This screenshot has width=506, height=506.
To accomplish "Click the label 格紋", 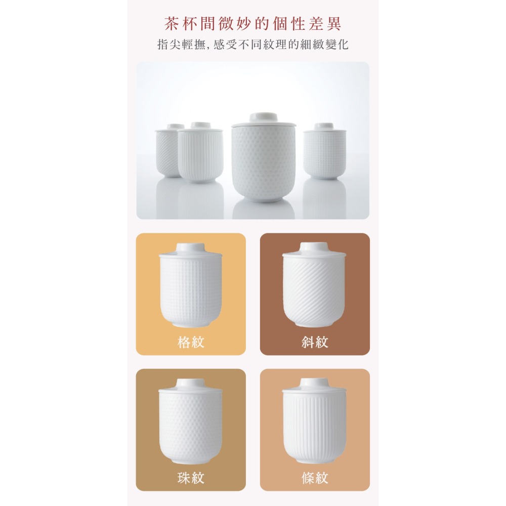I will [191, 343].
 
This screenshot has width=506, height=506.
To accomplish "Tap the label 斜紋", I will [315, 343].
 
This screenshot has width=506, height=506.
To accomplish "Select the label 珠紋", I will [191, 478].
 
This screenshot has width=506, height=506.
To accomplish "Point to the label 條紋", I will [315, 478].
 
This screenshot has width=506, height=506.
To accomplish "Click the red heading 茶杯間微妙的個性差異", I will [253, 23].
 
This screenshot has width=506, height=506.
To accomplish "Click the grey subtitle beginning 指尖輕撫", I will [253, 45].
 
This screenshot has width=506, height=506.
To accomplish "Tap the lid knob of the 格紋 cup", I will [191, 247].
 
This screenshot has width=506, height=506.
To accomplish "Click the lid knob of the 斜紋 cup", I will [315, 247].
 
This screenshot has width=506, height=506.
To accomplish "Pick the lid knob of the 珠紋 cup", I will [191, 383].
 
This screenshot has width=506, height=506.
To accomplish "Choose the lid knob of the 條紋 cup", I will [315, 383].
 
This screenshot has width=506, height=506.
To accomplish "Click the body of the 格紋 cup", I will [191, 288].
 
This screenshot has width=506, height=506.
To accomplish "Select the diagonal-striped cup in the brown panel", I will [314, 288].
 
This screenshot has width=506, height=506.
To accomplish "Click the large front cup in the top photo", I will [263, 162].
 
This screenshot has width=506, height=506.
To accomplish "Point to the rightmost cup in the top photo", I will [325, 154].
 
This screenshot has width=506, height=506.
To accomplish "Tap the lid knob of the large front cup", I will [264, 116].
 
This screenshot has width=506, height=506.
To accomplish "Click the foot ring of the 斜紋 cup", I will [314, 323].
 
